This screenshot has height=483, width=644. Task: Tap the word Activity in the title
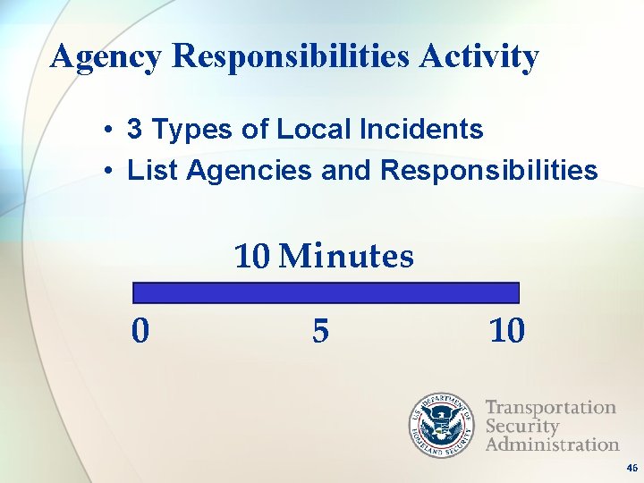pos(479,57)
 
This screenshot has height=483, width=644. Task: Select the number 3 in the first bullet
pos(134,130)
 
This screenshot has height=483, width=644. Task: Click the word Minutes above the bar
pos(346,257)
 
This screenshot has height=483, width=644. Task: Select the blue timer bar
pos(326,293)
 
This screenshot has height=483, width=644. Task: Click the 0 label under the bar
pos(140,332)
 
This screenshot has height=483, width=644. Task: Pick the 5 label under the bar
pos(320,332)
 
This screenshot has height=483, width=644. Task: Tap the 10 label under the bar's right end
pos(507,332)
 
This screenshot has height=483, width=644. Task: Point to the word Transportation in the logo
pos(550,408)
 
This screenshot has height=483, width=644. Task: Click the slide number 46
pos(631,469)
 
